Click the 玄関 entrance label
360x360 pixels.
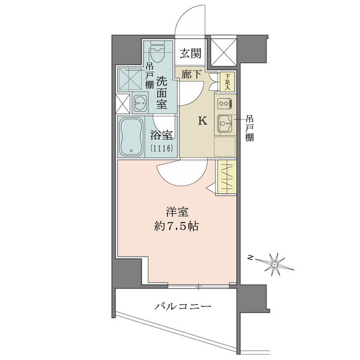coord(191,53)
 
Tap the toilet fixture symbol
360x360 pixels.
coord(157,52)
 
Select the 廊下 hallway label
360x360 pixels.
coord(191,74)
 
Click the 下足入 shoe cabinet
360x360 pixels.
coord(227,82)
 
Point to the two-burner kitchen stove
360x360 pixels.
coord(224,104)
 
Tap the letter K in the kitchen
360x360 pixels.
coord(203,121)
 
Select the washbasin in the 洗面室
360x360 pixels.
coord(140,103)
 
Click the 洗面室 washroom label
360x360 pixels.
coord(161,92)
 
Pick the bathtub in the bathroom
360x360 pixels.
coord(131,137)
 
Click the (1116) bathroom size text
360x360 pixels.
coord(161,149)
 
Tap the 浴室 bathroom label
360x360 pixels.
coord(161,136)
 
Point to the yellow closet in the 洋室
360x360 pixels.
coord(227,176)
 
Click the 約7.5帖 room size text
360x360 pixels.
coord(176,226)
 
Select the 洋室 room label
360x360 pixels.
coord(177,212)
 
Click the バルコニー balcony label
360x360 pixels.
coord(182,306)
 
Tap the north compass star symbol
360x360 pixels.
coord(275,265)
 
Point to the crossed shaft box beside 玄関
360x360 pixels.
coord(224,52)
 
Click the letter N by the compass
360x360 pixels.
coord(250,257)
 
